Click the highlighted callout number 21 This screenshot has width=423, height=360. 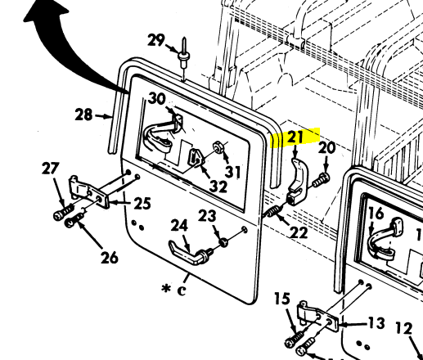(294, 137)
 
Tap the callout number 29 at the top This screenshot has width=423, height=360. (155, 40)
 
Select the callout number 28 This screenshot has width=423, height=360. (84, 115)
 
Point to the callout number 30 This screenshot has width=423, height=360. (157, 100)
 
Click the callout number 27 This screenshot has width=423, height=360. (51, 169)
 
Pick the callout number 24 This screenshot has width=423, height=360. (179, 225)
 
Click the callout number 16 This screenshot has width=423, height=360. (375, 214)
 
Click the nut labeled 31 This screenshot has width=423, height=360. (220, 149)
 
